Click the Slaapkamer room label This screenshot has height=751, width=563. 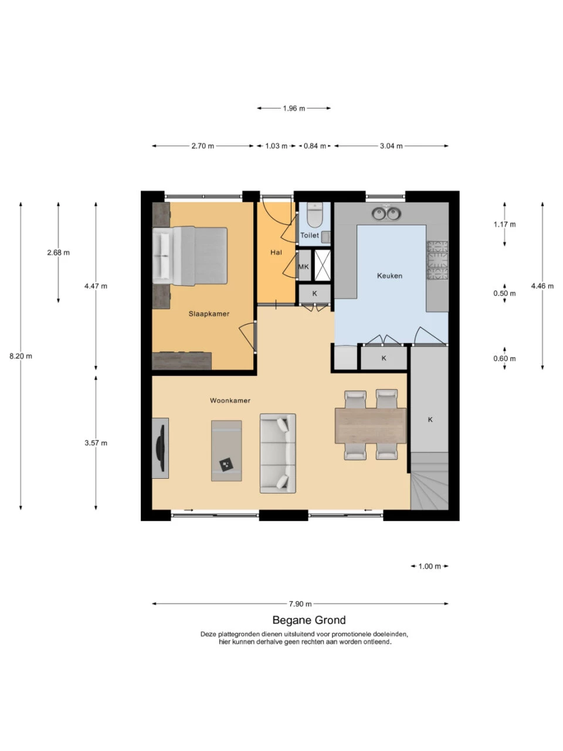209,314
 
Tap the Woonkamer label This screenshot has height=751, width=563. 230,400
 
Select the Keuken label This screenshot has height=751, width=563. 389,276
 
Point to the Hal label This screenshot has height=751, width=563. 276,252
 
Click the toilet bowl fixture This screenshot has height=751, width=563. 314,215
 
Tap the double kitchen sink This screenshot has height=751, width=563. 386,214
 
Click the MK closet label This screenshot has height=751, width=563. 303,267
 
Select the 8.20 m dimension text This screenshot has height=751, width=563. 21,356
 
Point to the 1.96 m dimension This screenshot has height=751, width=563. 294,109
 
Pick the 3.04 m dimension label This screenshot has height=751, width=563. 391,146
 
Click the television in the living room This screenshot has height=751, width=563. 161,448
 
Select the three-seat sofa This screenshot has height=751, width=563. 277,454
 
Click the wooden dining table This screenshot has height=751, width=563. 371,425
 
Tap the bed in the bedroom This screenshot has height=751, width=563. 190,256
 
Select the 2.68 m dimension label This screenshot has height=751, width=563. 59,252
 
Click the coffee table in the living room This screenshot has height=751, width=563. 226,451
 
